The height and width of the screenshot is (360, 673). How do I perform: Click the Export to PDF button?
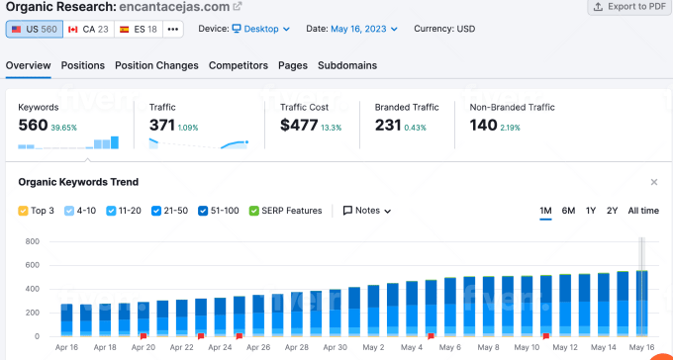(629, 7)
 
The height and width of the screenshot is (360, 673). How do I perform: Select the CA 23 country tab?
(89, 30)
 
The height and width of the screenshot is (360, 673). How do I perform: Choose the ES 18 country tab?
(139, 30)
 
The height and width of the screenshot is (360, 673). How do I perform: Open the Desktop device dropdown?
(261, 29)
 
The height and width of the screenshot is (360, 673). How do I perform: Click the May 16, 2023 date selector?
(364, 29)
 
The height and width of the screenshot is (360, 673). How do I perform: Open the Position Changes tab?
(156, 65)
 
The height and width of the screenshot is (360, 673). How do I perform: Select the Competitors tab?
(239, 65)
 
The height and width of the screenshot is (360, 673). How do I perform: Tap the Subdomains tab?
(347, 65)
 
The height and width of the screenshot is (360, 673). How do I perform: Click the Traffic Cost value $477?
(299, 126)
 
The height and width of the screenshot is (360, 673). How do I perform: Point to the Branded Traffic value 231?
(388, 126)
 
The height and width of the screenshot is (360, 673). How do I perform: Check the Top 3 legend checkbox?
(23, 211)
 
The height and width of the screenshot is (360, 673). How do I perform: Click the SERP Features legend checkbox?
(253, 211)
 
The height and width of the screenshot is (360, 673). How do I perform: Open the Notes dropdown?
(367, 211)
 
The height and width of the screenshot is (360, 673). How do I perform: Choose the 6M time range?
(568, 211)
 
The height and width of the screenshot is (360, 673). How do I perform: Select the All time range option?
(643, 211)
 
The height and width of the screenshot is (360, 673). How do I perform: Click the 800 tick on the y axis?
(33, 241)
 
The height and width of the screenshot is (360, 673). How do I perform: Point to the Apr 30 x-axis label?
(336, 347)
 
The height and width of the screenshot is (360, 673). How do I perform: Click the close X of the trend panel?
(653, 182)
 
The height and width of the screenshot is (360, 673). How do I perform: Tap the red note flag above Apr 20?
(144, 336)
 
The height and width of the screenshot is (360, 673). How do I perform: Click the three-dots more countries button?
(173, 30)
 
